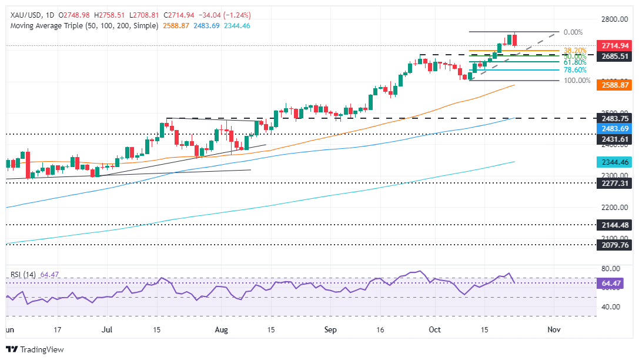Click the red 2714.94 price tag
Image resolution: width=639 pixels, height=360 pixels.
(x=615, y=45)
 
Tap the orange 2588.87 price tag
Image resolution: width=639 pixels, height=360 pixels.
(x=615, y=85)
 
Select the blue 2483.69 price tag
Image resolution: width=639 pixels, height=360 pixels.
(x=615, y=127)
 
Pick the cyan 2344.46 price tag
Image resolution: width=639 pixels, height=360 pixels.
(x=615, y=161)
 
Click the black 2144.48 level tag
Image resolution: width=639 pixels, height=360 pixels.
(x=615, y=224)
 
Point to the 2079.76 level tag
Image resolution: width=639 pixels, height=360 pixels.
(x=615, y=245)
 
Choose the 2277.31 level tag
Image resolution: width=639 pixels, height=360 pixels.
(x=615, y=183)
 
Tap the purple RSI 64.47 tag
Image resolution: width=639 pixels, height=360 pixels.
(x=615, y=283)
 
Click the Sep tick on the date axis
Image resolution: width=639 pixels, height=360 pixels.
(x=330, y=329)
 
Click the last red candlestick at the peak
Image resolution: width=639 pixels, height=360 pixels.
(x=514, y=40)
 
